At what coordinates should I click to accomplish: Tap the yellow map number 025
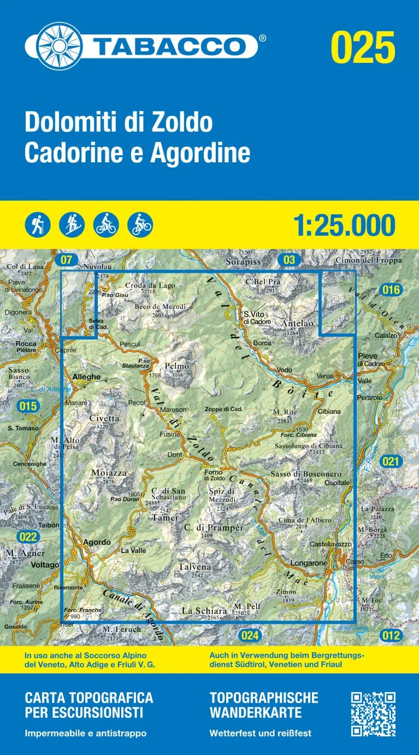pyautogui.click(x=363, y=47)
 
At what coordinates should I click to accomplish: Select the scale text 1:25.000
pyautogui.click(x=344, y=225)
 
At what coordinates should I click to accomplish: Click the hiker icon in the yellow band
pyautogui.click(x=38, y=225)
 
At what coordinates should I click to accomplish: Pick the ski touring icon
pyautogui.click(x=72, y=225)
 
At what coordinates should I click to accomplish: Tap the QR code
pyautogui.click(x=373, y=714)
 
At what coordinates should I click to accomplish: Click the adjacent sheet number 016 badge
pyautogui.click(x=391, y=290)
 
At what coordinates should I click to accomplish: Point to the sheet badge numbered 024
pyautogui.click(x=250, y=635)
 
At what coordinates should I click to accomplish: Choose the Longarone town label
pyautogui.click(x=310, y=563)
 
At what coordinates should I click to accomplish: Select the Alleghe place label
pyautogui.click(x=86, y=377)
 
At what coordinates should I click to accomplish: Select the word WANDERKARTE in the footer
pyautogui.click(x=255, y=713)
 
